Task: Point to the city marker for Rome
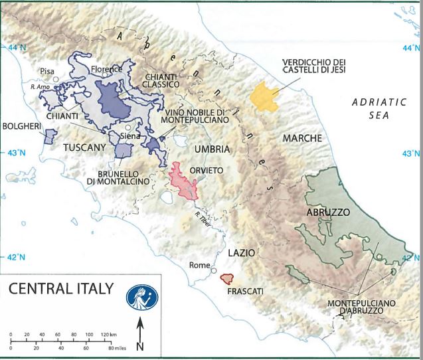coord(213,270)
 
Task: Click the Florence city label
coord(107,68)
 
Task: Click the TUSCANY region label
coord(85,147)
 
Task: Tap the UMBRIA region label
coord(208,149)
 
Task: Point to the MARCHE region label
coord(302,138)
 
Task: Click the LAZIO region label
coord(242,254)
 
